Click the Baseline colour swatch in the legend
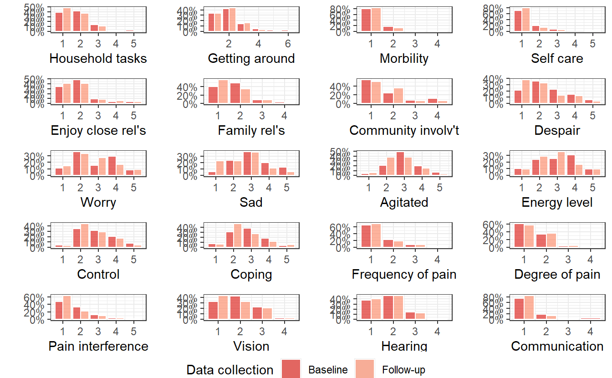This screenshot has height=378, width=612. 291,369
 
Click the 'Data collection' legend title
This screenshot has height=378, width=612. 230,370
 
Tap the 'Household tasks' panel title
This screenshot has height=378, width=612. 98,59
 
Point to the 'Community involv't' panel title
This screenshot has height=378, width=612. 404,131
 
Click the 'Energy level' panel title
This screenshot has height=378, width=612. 557,202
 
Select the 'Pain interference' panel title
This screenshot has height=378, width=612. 98,346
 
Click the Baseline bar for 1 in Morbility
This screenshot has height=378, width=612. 366,21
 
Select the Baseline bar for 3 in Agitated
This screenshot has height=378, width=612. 400,164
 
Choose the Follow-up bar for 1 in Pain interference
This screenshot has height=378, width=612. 67,308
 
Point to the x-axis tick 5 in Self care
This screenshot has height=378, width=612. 592,44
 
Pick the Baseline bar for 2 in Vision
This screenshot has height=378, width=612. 235,308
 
